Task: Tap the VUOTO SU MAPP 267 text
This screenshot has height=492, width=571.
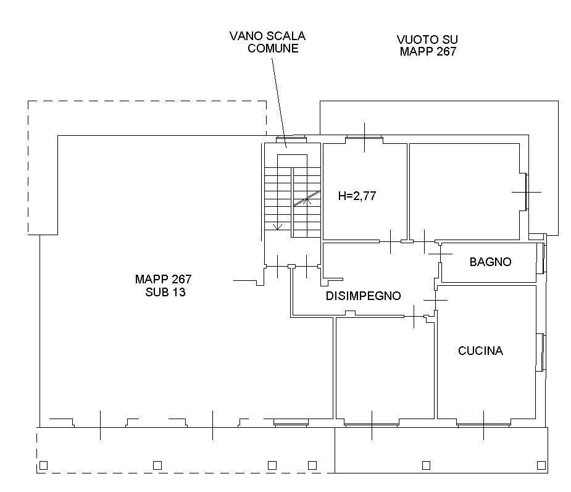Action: pos(427,46)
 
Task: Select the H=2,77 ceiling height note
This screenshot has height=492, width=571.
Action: pos(357,196)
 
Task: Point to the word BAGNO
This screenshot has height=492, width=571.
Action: pos(490,262)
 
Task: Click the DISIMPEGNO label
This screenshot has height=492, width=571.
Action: pos(363,296)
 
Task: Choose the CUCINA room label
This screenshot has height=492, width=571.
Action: pos(480,351)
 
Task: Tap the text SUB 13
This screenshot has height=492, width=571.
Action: pos(162,293)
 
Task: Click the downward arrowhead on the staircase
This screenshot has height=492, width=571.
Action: pos(278,226)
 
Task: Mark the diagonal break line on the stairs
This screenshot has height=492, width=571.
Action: pos(307,198)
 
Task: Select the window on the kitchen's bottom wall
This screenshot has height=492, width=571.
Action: pos(484,424)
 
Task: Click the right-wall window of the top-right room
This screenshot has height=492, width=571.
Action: pos(525,192)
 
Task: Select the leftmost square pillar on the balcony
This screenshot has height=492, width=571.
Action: pos(43,465)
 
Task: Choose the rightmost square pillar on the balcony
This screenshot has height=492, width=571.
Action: pos(541,465)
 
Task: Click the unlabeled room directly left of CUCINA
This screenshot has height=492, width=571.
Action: pos(384,370)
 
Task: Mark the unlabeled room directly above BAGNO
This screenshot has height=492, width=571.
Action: pos(464,191)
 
